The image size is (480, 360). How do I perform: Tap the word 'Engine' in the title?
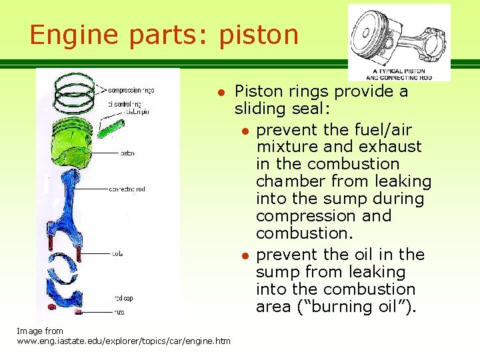71,35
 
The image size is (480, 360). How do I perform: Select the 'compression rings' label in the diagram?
131,90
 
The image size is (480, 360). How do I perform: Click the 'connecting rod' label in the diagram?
127,189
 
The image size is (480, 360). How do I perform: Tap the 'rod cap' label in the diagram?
123,298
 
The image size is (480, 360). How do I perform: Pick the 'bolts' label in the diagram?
117,253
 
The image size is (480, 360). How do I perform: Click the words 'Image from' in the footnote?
40,331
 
